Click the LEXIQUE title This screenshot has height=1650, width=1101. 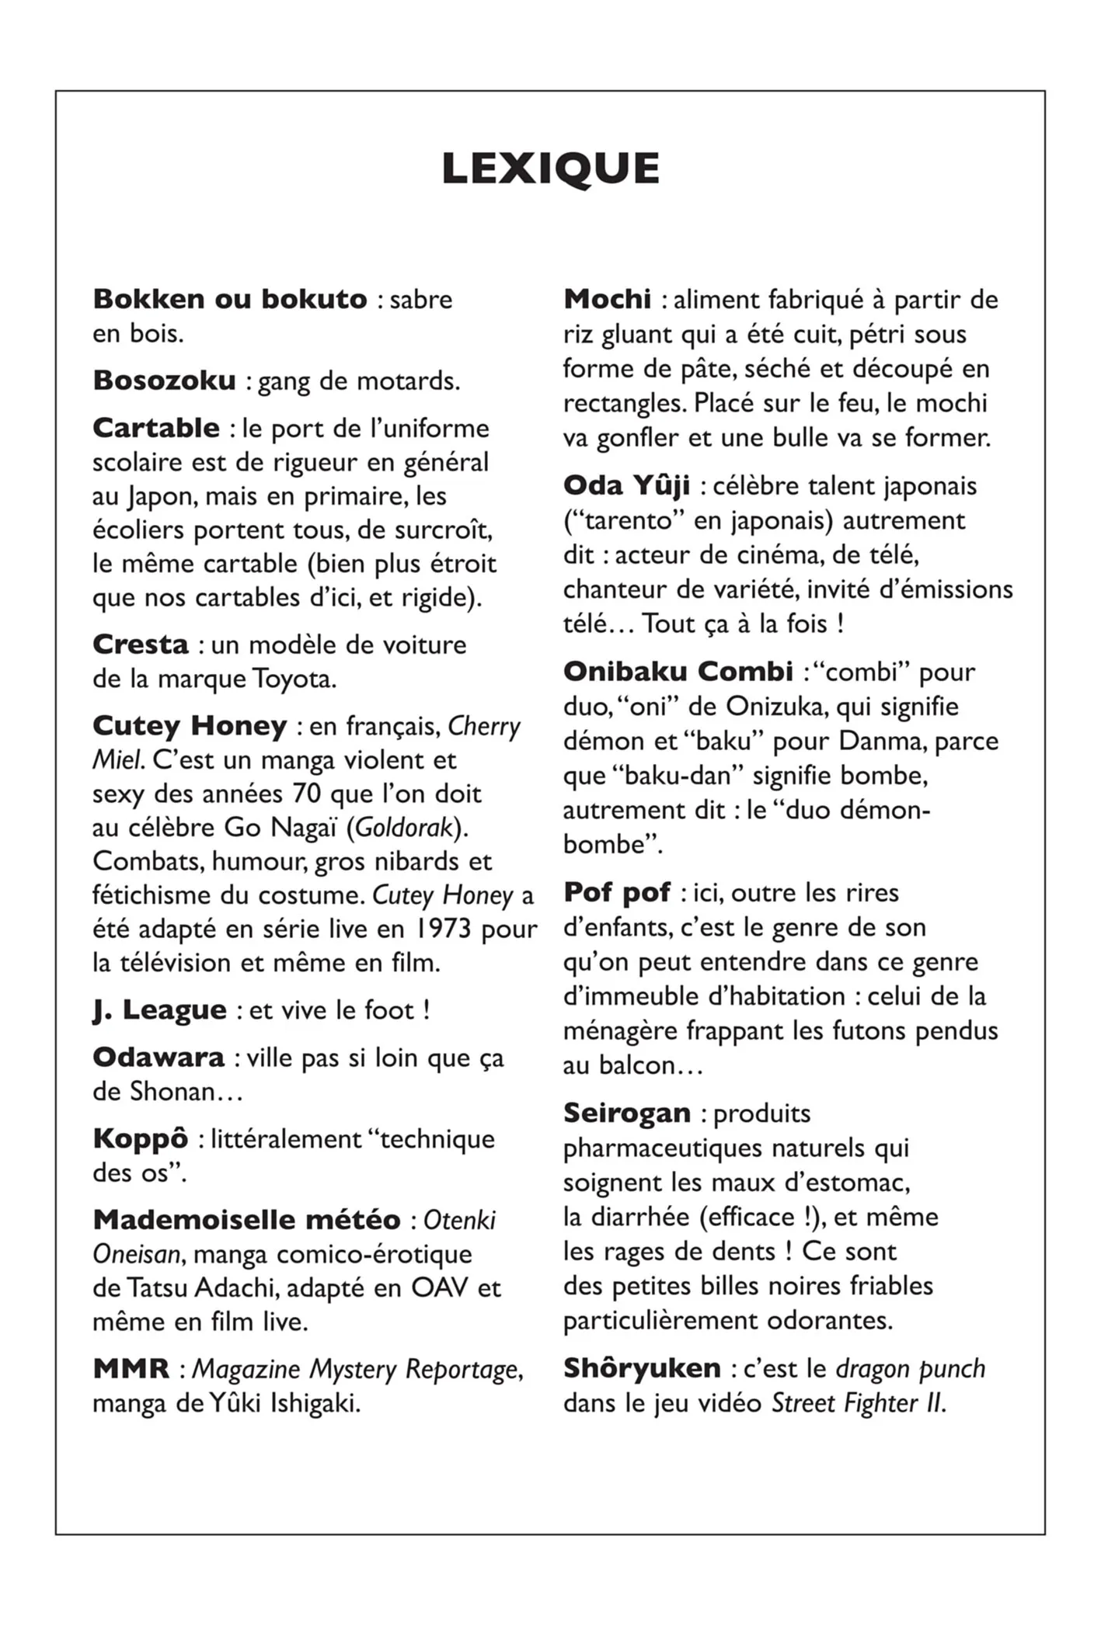550,168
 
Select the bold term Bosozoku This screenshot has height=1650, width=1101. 164,380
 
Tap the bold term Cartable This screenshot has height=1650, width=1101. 156,428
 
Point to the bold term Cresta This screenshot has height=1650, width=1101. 141,644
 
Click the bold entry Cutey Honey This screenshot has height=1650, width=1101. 190,726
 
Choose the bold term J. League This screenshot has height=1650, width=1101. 159,1010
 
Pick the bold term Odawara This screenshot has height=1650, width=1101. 159,1058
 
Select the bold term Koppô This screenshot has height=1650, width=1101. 141,1139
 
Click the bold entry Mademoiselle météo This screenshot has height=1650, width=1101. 246,1220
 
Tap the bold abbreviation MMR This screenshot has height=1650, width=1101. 131,1369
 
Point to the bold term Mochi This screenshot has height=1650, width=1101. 608,299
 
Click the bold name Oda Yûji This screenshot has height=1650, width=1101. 626,486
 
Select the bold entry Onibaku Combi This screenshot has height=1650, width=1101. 678,672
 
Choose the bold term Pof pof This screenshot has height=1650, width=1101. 617,893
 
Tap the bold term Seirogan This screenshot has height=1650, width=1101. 627,1113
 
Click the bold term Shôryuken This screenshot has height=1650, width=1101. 642,1368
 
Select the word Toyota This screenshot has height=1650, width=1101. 293,679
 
